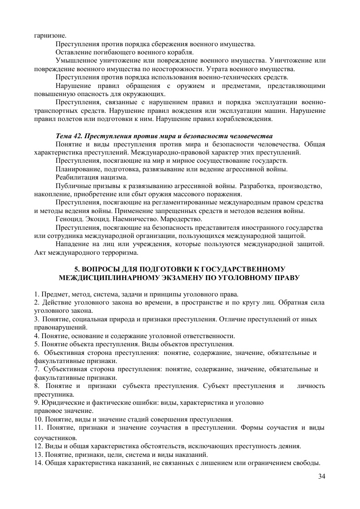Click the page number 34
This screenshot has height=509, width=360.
322,476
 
